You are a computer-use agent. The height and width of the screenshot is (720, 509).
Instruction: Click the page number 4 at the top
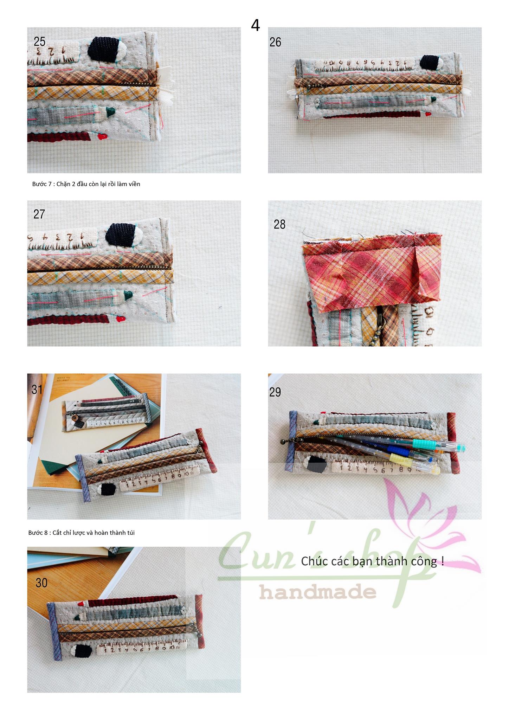click(256, 25)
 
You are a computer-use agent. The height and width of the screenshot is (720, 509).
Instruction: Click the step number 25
click(39, 42)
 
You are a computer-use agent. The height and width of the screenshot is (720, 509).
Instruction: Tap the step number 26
click(275, 42)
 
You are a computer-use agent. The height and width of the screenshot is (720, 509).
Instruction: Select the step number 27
click(39, 214)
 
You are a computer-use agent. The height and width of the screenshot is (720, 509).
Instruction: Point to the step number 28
click(279, 224)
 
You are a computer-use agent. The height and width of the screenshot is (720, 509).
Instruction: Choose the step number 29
click(275, 392)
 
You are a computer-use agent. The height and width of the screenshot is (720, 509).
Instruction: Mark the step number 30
click(41, 583)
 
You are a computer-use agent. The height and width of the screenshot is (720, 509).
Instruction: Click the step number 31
click(37, 389)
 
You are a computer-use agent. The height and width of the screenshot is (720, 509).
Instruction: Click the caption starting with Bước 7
click(86, 184)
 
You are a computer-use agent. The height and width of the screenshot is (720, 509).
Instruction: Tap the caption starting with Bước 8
click(82, 532)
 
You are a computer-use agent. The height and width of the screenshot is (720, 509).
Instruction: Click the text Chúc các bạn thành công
click(373, 561)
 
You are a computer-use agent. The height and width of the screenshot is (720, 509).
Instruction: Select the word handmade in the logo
click(318, 592)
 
